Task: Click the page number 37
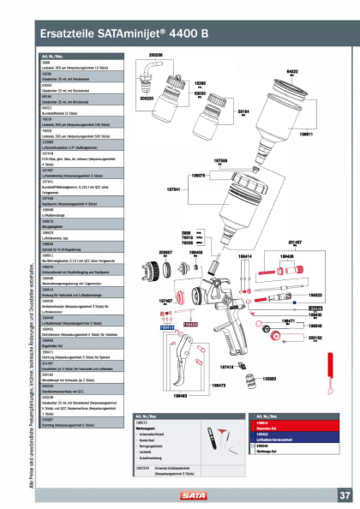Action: (344, 494)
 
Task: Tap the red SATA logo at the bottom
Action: (179, 495)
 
